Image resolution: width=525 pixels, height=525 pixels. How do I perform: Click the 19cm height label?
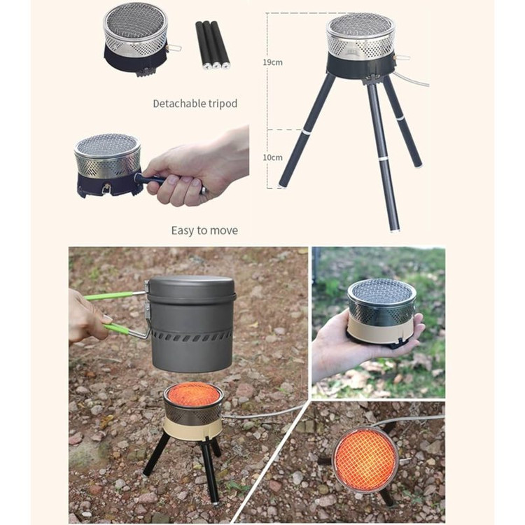[272, 62]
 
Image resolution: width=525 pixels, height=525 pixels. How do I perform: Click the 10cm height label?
[272, 157]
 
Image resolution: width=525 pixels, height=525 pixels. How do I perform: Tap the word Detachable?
[179, 104]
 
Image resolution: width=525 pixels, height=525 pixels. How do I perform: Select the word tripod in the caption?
[223, 104]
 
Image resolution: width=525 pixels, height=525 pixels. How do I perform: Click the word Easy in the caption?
[183, 231]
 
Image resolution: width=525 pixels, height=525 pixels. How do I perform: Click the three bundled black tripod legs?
[212, 45]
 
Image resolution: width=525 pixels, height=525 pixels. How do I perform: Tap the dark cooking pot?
[191, 323]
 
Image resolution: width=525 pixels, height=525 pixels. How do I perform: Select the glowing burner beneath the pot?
[193, 394]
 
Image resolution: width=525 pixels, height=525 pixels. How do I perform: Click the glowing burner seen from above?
[365, 459]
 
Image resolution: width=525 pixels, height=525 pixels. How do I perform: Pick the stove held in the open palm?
[381, 311]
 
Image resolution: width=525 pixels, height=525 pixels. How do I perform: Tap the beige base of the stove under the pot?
[192, 428]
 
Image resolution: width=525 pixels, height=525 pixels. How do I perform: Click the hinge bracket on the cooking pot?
[146, 307]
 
